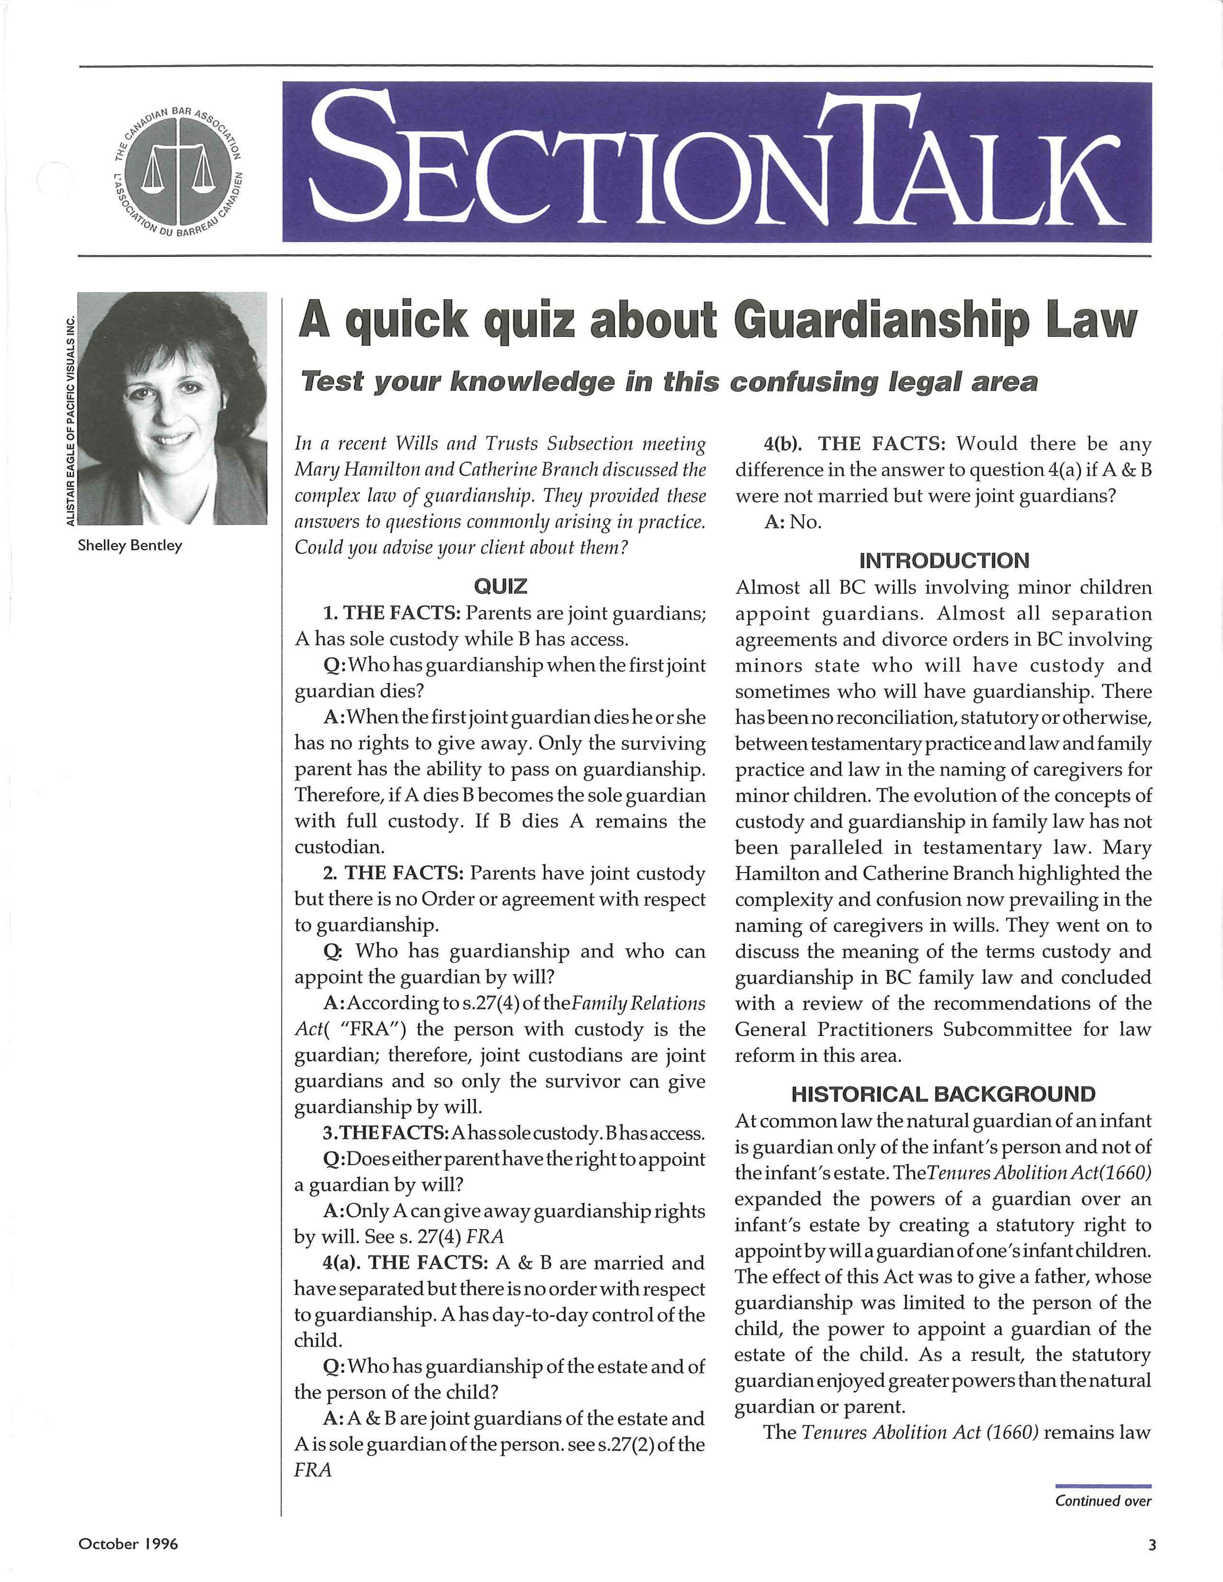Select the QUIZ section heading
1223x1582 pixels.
500,585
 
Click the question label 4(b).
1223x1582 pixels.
783,443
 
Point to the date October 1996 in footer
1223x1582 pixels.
128,1544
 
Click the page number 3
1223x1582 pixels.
1152,1544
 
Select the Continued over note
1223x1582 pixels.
1103,1501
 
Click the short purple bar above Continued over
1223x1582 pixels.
1103,1486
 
